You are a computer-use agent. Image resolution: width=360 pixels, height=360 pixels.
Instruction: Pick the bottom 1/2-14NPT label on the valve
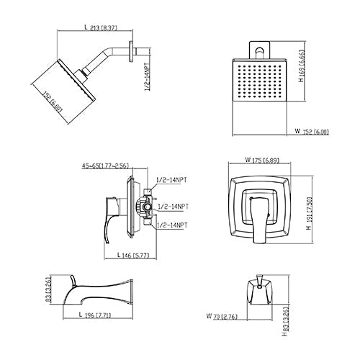pos(172,225)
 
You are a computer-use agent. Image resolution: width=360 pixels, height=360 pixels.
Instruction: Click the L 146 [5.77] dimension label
pos(135,255)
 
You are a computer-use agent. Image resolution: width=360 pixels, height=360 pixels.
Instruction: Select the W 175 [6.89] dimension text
pos(261,160)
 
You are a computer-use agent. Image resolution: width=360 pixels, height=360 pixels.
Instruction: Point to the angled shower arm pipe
pos(108,59)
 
